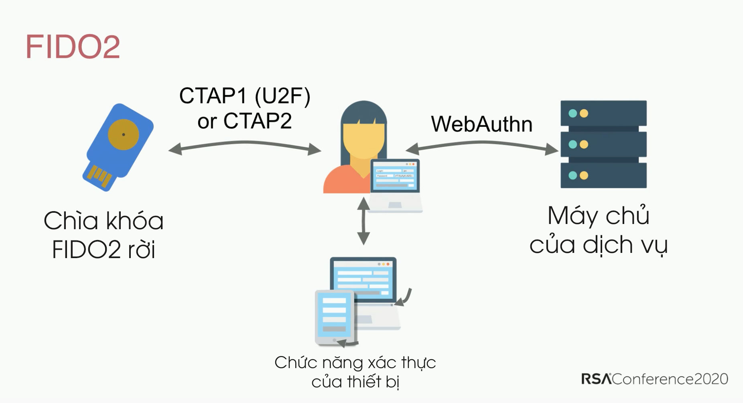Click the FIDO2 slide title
(x=73, y=47)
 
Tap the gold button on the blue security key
(x=124, y=134)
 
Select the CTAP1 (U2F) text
(x=244, y=96)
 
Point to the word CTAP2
(x=257, y=121)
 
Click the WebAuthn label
(x=481, y=124)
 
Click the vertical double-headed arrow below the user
(x=363, y=221)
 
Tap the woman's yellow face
(x=363, y=140)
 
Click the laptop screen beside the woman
(x=395, y=176)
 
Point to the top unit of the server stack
(x=603, y=113)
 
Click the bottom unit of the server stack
(x=603, y=175)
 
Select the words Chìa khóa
(x=104, y=221)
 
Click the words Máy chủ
(x=598, y=216)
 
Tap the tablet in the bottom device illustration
(x=334, y=317)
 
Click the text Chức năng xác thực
(x=355, y=363)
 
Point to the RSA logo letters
(x=596, y=379)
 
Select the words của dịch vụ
(x=598, y=245)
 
